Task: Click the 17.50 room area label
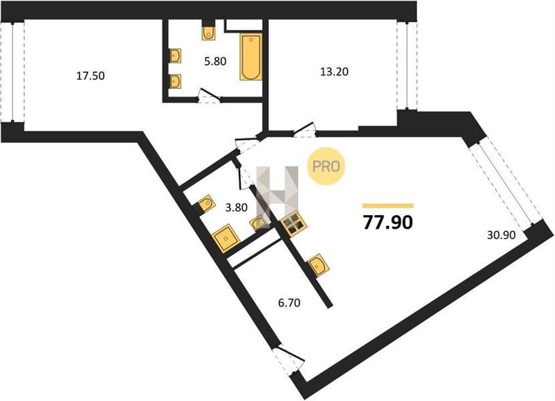click(x=91, y=76)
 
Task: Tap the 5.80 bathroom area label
click(x=215, y=61)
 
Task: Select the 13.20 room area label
click(x=334, y=72)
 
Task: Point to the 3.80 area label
click(x=237, y=207)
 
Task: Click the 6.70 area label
click(x=289, y=303)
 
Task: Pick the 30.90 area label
click(x=502, y=235)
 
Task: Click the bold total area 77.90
click(x=388, y=223)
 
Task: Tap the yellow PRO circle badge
click(x=326, y=166)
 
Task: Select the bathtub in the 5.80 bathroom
click(x=251, y=57)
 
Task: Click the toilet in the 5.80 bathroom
click(x=209, y=31)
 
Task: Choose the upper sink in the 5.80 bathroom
click(x=175, y=55)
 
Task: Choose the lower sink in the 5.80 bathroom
click(x=175, y=81)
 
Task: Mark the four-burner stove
click(x=294, y=224)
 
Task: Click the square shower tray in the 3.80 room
click(x=227, y=238)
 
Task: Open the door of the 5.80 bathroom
click(x=209, y=96)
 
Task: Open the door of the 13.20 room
click(x=304, y=130)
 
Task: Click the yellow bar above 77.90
click(x=388, y=206)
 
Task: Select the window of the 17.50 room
click(x=13, y=72)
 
